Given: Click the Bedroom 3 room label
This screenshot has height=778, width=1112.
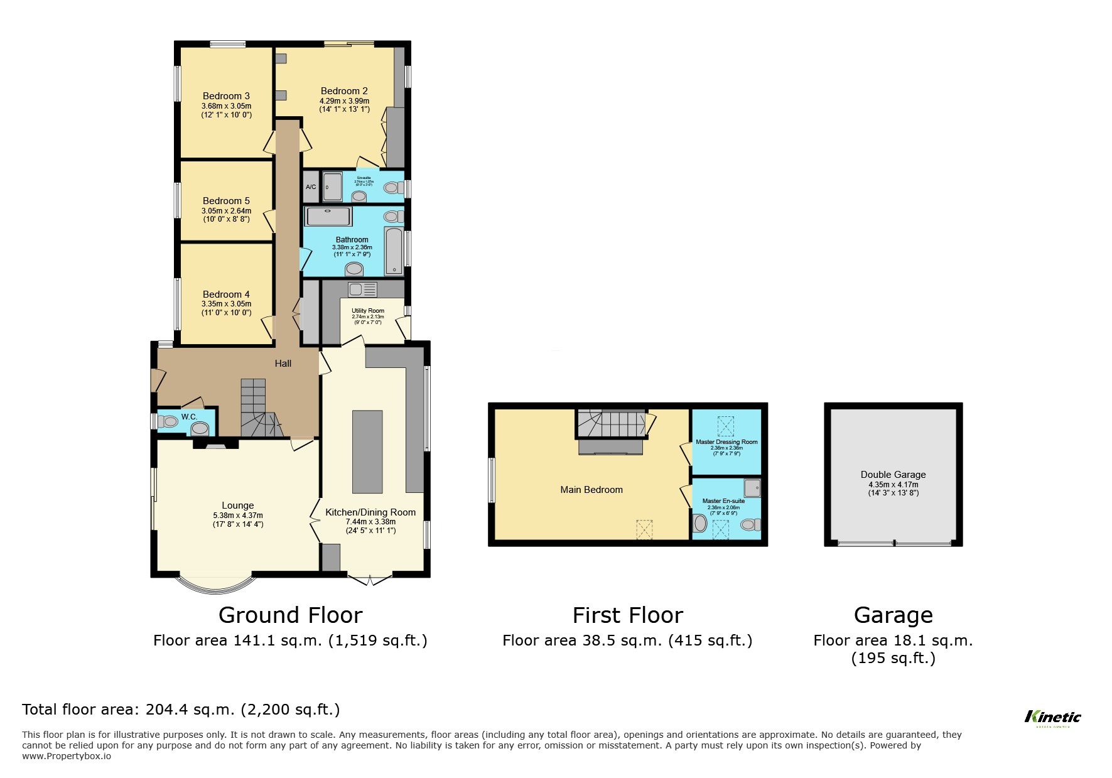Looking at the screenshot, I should tap(226, 96).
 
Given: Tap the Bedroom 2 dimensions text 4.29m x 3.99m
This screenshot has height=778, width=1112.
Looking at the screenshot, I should tap(344, 101).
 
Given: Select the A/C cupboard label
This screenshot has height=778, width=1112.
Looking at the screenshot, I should tap(311, 187).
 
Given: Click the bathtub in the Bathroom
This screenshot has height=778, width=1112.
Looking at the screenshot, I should tap(394, 251).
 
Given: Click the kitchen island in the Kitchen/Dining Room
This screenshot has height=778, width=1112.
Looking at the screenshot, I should tap(367, 451).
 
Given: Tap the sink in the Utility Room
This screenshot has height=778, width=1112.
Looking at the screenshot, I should tap(362, 289).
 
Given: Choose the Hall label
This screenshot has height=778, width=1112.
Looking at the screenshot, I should tap(283, 363).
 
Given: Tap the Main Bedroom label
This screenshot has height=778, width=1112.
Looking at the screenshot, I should tap(591, 490).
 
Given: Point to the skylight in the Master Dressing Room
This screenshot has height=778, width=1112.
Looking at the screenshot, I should tap(725, 426).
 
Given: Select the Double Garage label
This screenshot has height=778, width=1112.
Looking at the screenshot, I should tap(893, 475).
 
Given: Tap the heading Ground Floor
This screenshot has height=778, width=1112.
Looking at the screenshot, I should tap(290, 615).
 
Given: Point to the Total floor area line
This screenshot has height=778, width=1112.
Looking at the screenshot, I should tap(181, 710).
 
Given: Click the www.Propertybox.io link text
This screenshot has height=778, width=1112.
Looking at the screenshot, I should tap(67, 756).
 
